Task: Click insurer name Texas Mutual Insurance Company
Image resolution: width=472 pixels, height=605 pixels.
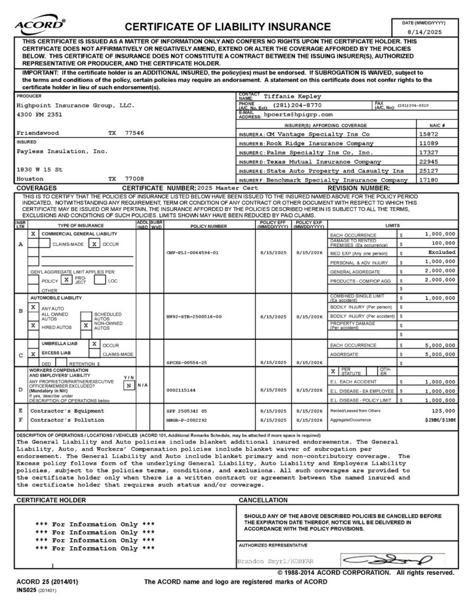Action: pyautogui.click(x=323, y=162)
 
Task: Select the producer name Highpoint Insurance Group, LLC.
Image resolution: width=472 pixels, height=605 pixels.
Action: pyautogui.click(x=75, y=105)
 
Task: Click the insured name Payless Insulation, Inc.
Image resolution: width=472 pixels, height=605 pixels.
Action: pyautogui.click(x=62, y=151)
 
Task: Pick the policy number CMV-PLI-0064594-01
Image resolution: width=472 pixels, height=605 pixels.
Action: pyautogui.click(x=192, y=253)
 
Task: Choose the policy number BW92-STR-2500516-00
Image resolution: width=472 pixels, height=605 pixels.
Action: pyautogui.click(x=194, y=317)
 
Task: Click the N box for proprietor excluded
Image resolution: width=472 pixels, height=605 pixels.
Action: pyautogui.click(x=128, y=385)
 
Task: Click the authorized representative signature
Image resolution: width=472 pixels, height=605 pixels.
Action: pyautogui.click(x=396, y=560)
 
